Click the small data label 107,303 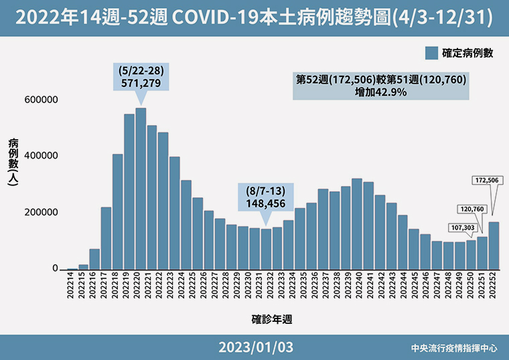(x=459, y=228)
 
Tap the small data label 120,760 (x=471, y=209)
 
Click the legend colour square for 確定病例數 (x=431, y=54)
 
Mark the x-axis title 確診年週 (x=271, y=319)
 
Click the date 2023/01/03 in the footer (x=255, y=348)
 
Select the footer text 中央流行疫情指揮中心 (x=455, y=349)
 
